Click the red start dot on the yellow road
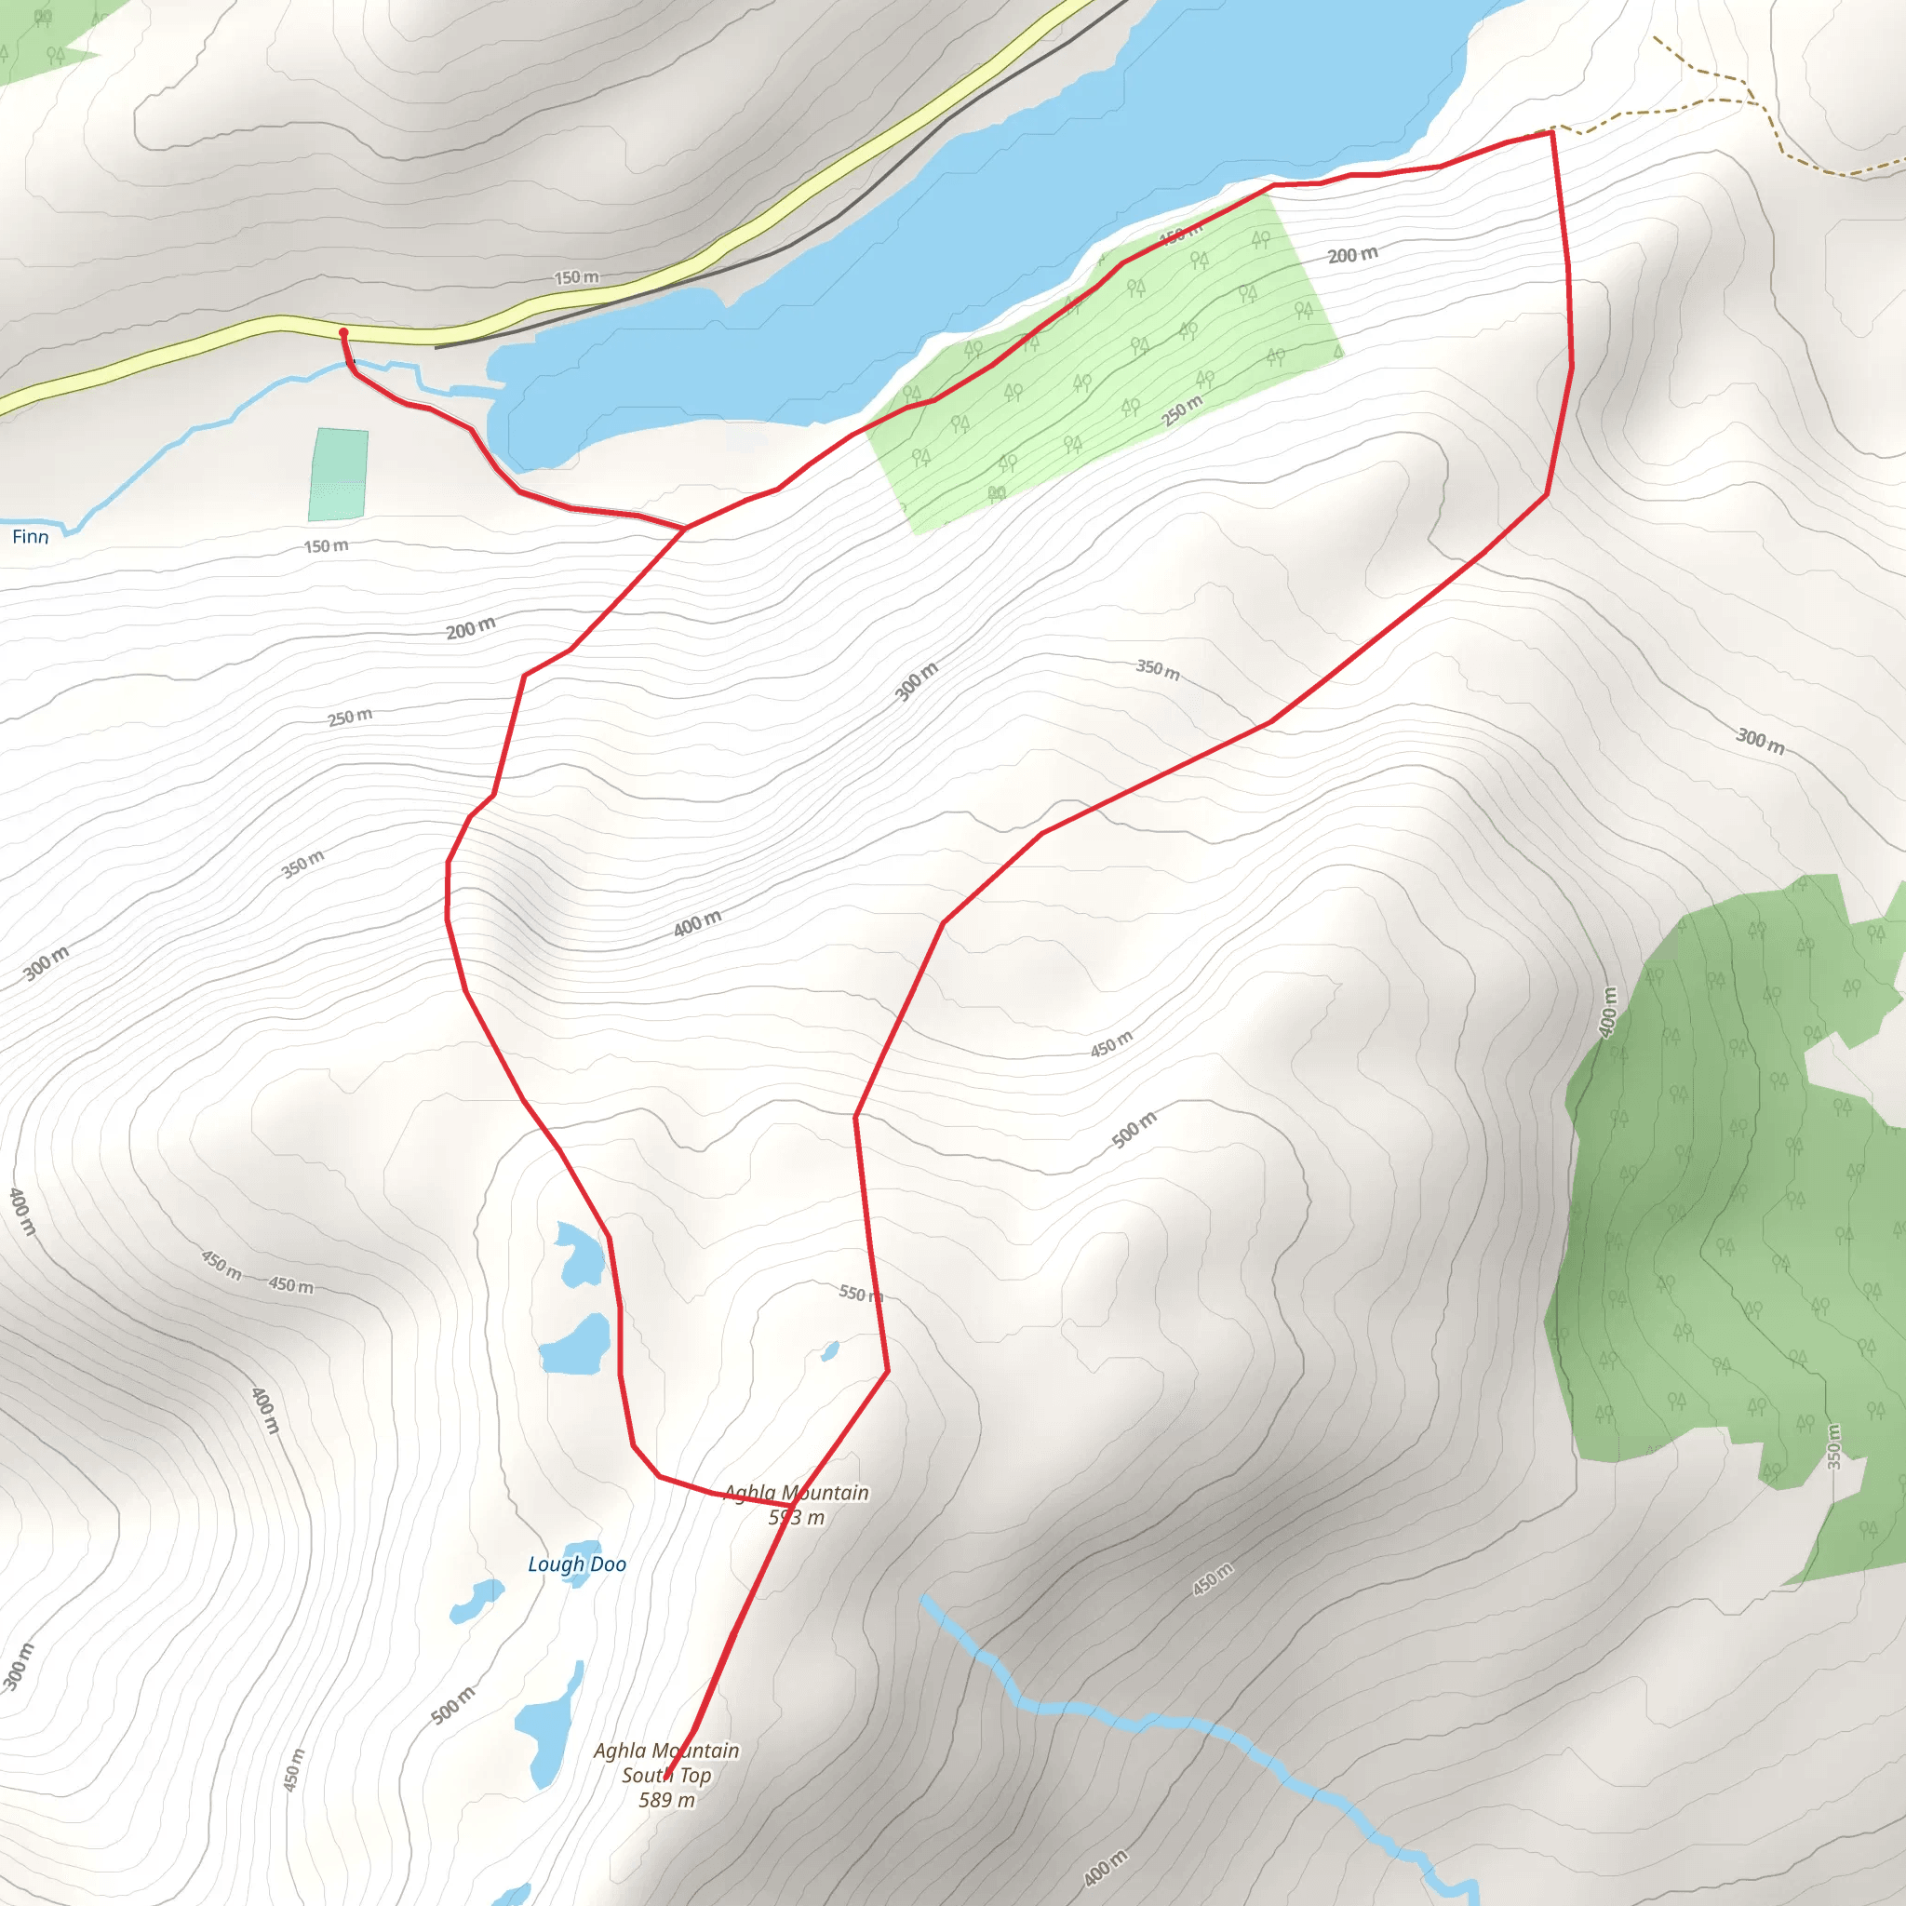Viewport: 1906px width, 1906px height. pyautogui.click(x=343, y=332)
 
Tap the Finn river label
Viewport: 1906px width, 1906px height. pyautogui.click(x=31, y=537)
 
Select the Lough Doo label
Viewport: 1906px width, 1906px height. pyautogui.click(x=577, y=1564)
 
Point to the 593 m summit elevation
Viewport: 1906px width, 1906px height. pyautogui.click(x=796, y=1517)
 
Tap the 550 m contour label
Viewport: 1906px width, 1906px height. pyautogui.click(x=859, y=1294)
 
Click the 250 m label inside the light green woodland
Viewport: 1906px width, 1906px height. pyautogui.click(x=1181, y=410)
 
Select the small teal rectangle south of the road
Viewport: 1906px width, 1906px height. pyautogui.click(x=339, y=474)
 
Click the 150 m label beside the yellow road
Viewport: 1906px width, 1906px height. pyautogui.click(x=576, y=277)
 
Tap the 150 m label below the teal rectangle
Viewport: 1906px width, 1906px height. pyautogui.click(x=326, y=545)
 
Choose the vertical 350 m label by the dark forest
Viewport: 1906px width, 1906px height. pyautogui.click(x=1833, y=1446)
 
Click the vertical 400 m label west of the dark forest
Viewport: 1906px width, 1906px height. pyautogui.click(x=1608, y=1013)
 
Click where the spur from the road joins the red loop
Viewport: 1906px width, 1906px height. pyautogui.click(x=685, y=528)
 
